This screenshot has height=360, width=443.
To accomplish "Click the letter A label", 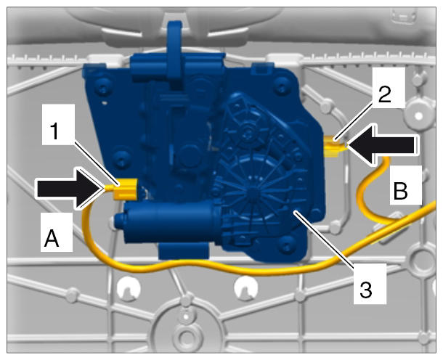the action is (52, 238).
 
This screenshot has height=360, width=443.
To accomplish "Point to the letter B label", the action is (401, 191).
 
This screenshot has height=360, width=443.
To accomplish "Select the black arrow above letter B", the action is (382, 145).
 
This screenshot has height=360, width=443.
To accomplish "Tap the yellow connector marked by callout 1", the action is (125, 189).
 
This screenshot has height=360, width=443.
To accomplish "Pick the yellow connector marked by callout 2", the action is (333, 146).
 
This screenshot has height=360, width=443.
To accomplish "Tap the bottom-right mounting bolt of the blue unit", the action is (286, 243).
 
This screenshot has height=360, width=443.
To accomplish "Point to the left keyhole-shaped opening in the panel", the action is (128, 288).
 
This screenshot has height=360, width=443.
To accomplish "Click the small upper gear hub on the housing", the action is (248, 130).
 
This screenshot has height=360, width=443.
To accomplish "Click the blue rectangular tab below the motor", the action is (184, 250).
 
